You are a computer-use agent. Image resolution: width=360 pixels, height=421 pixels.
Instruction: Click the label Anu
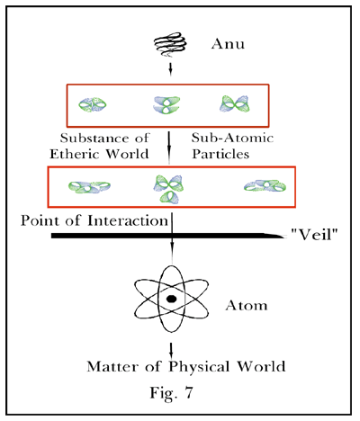click(x=228, y=44)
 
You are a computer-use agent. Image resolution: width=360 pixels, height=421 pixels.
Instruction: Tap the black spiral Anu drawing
click(x=170, y=44)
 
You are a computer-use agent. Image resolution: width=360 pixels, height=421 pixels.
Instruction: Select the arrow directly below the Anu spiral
click(x=171, y=68)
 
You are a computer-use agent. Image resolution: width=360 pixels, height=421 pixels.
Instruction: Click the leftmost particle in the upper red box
click(x=93, y=104)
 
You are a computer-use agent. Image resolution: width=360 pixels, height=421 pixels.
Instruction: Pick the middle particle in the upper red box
click(x=166, y=105)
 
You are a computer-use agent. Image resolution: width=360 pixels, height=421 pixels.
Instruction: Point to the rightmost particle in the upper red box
click(x=235, y=103)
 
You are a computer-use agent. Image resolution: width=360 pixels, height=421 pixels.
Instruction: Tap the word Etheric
click(x=76, y=154)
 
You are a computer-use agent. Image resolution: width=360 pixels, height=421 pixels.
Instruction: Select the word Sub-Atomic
click(x=232, y=138)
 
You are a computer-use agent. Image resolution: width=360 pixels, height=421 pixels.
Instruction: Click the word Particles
click(x=220, y=154)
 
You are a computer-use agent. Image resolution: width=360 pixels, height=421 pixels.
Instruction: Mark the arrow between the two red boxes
click(x=169, y=148)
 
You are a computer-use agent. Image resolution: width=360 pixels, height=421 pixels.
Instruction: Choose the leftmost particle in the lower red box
click(x=89, y=187)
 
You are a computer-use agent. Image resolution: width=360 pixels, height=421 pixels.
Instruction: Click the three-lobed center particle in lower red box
click(x=168, y=189)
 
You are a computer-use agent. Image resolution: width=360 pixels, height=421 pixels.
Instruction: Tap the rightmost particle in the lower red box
click(x=265, y=186)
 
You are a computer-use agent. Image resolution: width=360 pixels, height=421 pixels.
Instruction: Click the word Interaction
click(x=128, y=220)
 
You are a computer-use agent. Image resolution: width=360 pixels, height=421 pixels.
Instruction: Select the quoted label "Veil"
click(x=315, y=235)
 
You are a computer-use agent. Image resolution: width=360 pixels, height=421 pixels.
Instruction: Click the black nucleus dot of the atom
click(x=171, y=299)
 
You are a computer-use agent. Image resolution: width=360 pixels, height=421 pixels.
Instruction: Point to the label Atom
click(x=247, y=306)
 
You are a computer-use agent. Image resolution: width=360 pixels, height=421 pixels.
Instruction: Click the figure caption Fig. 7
click(x=172, y=392)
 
